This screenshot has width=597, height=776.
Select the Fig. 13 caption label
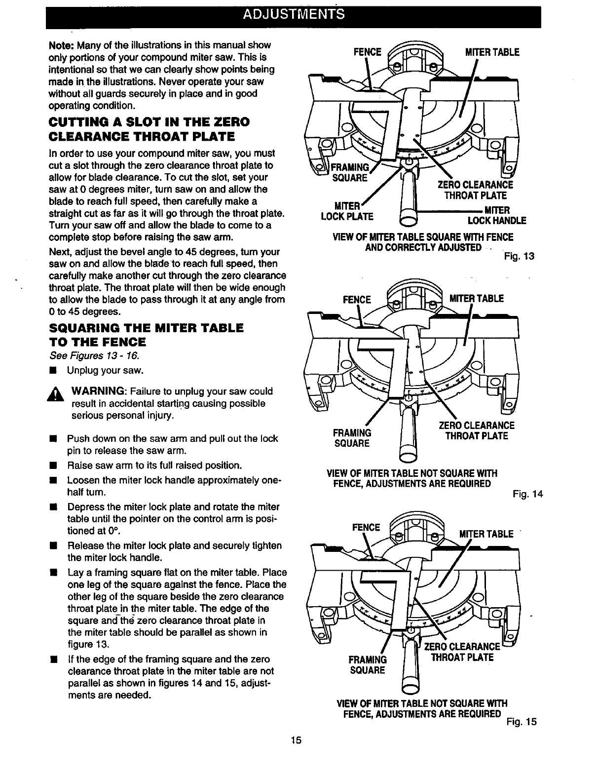(519, 256)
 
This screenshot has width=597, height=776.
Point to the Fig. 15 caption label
(521, 722)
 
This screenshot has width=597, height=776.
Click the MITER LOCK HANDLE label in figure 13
(496, 215)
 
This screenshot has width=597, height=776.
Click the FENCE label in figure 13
(368, 52)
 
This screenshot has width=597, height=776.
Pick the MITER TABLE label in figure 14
(477, 299)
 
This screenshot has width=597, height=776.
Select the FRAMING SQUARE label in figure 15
(368, 664)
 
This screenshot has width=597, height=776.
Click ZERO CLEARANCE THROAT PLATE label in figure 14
(476, 430)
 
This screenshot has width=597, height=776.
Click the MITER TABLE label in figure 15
(486, 534)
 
